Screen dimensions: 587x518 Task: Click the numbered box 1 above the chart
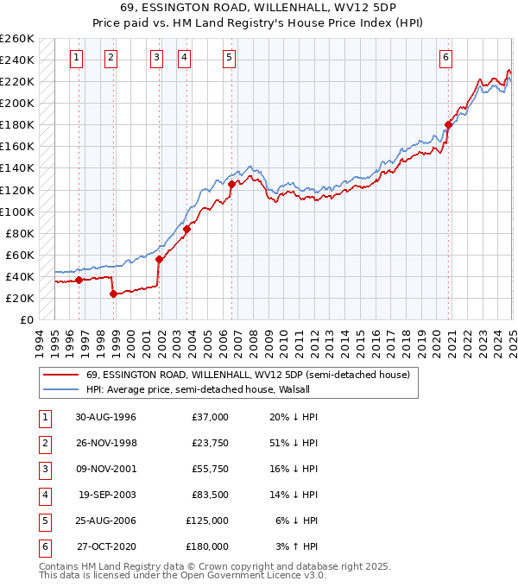77,58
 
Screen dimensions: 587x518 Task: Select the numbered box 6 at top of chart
445,58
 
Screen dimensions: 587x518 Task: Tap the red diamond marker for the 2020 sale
448,124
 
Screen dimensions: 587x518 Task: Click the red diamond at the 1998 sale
113,293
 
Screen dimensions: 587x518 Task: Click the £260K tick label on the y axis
17,39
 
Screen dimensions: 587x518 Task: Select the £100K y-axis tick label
17,211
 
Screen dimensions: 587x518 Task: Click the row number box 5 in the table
44,521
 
